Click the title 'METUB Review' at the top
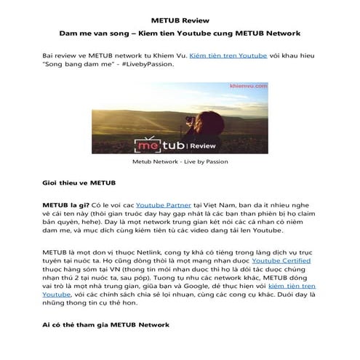click(180, 20)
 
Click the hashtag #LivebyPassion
click(148, 64)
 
